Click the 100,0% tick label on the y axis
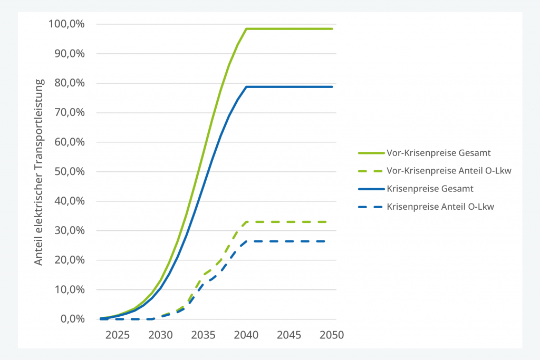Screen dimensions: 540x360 pos(66,24)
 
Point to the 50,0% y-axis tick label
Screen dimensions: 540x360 pos(70,171)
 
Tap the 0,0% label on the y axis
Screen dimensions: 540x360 pos(73,319)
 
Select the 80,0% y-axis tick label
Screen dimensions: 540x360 pos(70,83)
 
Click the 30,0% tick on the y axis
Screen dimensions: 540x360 pos(70,230)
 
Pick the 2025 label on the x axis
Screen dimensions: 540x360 pos(118,335)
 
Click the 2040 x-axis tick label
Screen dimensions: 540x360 pos(246,335)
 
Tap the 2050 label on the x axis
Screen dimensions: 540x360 pos(332,335)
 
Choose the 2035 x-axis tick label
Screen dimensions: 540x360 pos(203,335)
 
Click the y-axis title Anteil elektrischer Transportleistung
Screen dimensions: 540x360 pos(39,172)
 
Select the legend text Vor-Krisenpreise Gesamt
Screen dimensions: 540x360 pos(438,153)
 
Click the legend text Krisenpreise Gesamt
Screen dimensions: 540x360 pos(430,189)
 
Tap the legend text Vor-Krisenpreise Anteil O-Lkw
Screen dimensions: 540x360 pos(449,171)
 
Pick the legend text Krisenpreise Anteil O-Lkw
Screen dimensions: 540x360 pos(440,207)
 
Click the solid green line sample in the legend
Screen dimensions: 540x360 pos(371,153)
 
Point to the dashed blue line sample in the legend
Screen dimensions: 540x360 pos(371,207)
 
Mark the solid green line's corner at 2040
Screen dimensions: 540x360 pos(247,29)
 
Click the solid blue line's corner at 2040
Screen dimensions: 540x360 pos(247,87)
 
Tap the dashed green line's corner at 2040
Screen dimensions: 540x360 pos(247,222)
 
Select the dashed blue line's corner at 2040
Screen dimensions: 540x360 pos(247,241)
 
